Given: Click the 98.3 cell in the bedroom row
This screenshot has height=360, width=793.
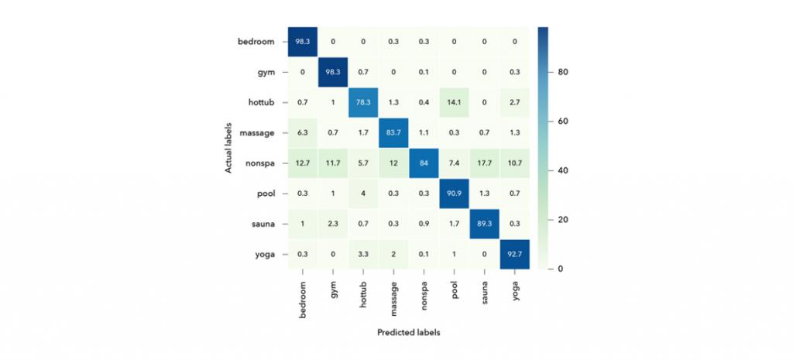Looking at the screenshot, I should [x=302, y=42].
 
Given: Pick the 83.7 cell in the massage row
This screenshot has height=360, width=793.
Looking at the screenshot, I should [x=393, y=132].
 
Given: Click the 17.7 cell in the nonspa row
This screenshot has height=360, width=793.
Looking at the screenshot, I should [x=483, y=163].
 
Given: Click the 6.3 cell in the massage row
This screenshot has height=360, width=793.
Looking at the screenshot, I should [x=302, y=132].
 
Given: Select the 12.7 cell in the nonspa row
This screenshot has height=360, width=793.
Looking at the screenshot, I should [x=302, y=163].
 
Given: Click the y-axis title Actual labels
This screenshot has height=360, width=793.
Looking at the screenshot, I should [x=230, y=147].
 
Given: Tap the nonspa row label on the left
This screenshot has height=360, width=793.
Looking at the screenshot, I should [x=259, y=163].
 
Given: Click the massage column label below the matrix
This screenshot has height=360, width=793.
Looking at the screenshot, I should [x=393, y=296].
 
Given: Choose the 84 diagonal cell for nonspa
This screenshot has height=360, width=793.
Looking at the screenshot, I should [x=423, y=163].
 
